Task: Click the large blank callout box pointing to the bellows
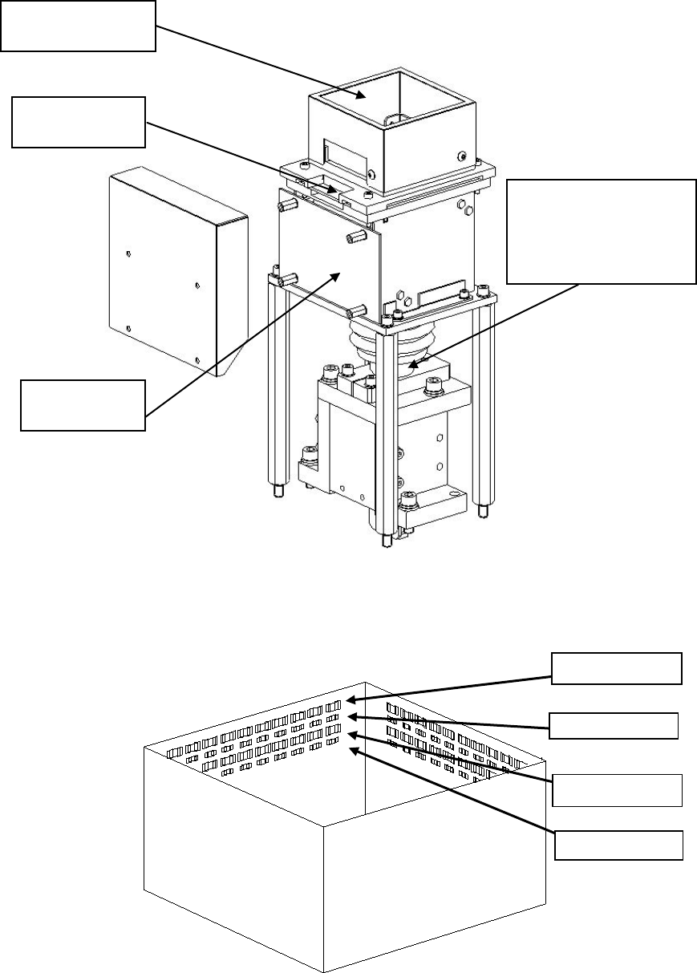pyautogui.click(x=602, y=231)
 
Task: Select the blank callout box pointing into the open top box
pyautogui.click(x=77, y=26)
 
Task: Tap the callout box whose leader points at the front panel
pyautogui.click(x=83, y=405)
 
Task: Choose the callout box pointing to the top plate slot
pyautogui.click(x=78, y=122)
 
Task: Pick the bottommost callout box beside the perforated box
pyautogui.click(x=619, y=845)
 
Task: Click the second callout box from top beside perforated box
pyautogui.click(x=614, y=724)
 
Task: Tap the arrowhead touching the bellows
pyautogui.click(x=411, y=366)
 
